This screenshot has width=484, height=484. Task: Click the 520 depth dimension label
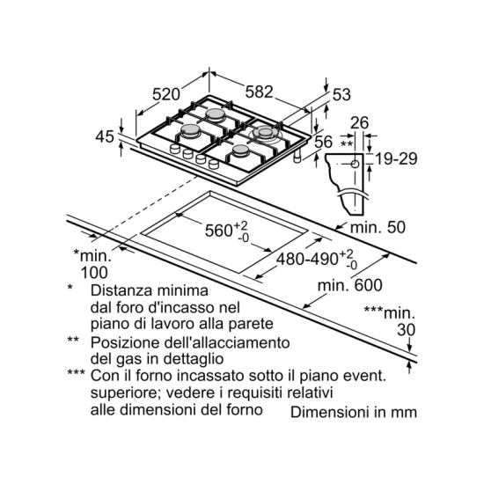(x=166, y=94)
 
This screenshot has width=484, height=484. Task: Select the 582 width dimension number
(x=260, y=92)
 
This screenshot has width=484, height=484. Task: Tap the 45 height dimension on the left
(x=105, y=136)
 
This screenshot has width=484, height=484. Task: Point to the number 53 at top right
(x=341, y=94)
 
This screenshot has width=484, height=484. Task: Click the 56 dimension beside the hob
(x=324, y=142)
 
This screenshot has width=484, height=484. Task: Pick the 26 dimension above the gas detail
(x=360, y=122)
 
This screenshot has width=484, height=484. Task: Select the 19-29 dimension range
(x=396, y=158)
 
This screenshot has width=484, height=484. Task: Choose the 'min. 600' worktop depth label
(x=350, y=285)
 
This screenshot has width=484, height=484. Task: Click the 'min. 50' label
(x=378, y=228)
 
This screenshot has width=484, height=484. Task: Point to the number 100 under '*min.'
(x=94, y=272)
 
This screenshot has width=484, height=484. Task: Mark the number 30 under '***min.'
(x=407, y=330)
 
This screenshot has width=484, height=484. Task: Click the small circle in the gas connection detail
(x=355, y=164)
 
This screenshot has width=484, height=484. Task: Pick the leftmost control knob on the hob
(x=175, y=149)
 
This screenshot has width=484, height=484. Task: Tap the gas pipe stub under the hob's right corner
(x=297, y=157)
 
